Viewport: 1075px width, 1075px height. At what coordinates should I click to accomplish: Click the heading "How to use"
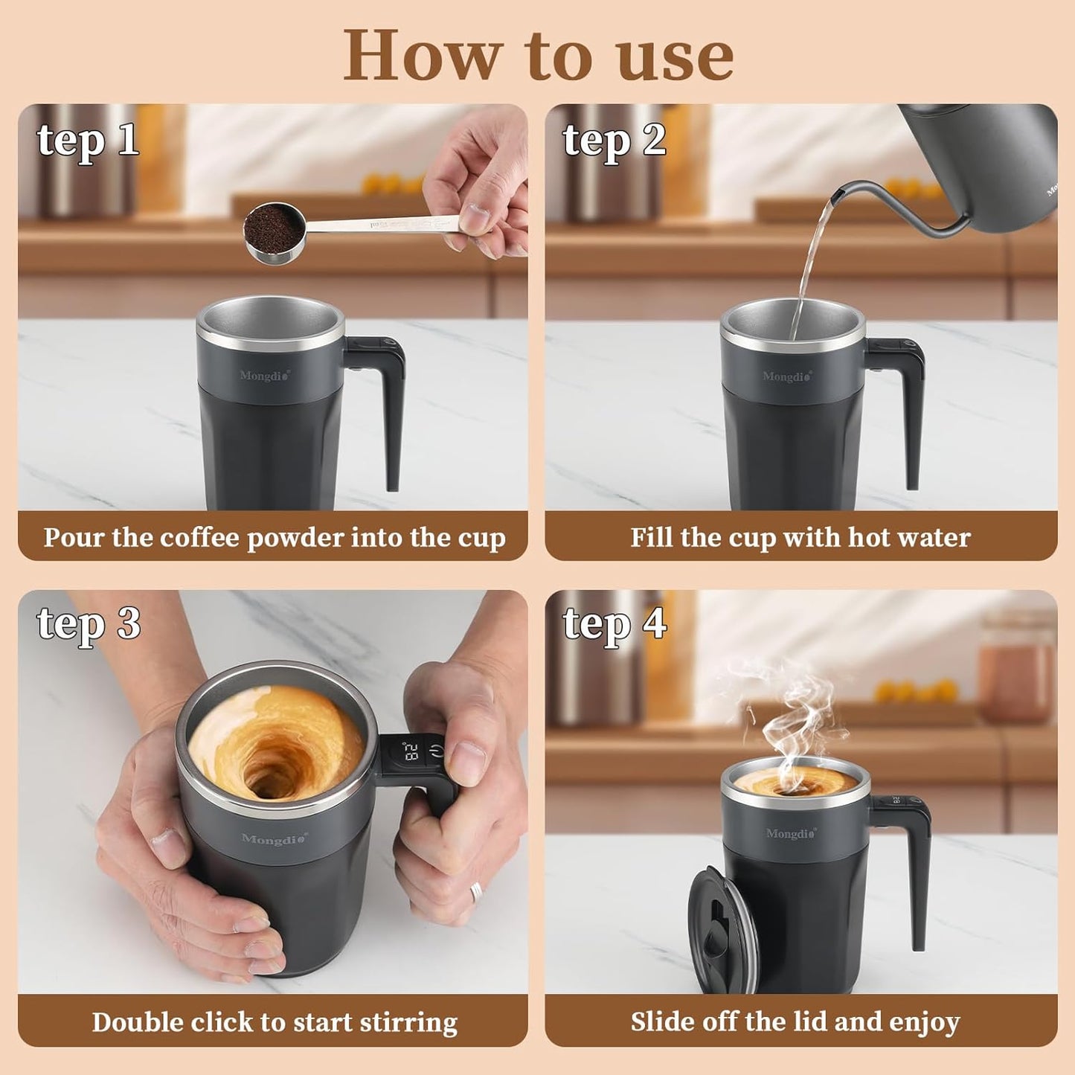pyautogui.click(x=537, y=55)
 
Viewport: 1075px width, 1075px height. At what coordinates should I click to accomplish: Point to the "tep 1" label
pyautogui.click(x=88, y=140)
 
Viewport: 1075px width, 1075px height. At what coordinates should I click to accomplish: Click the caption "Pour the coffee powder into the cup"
pyautogui.click(x=274, y=537)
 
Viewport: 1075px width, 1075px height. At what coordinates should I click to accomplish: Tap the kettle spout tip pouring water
pyautogui.click(x=836, y=196)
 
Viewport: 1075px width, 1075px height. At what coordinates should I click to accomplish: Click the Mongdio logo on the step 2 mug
pyautogui.click(x=787, y=376)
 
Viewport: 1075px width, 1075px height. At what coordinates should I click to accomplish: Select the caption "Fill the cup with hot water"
pyautogui.click(x=800, y=537)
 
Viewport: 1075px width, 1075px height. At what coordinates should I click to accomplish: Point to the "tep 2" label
pyautogui.click(x=614, y=140)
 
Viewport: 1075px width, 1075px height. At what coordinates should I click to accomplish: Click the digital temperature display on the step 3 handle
pyautogui.click(x=411, y=751)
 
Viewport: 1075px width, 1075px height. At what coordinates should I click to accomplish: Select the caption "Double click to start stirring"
pyautogui.click(x=274, y=1022)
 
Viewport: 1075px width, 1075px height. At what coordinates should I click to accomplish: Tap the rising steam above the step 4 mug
pyautogui.click(x=789, y=714)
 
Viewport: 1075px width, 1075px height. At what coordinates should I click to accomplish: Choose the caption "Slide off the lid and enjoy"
pyautogui.click(x=795, y=1022)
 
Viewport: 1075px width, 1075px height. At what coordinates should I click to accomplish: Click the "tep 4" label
pyautogui.click(x=614, y=623)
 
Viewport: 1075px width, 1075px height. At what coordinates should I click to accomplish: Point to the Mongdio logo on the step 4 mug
pyautogui.click(x=791, y=834)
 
